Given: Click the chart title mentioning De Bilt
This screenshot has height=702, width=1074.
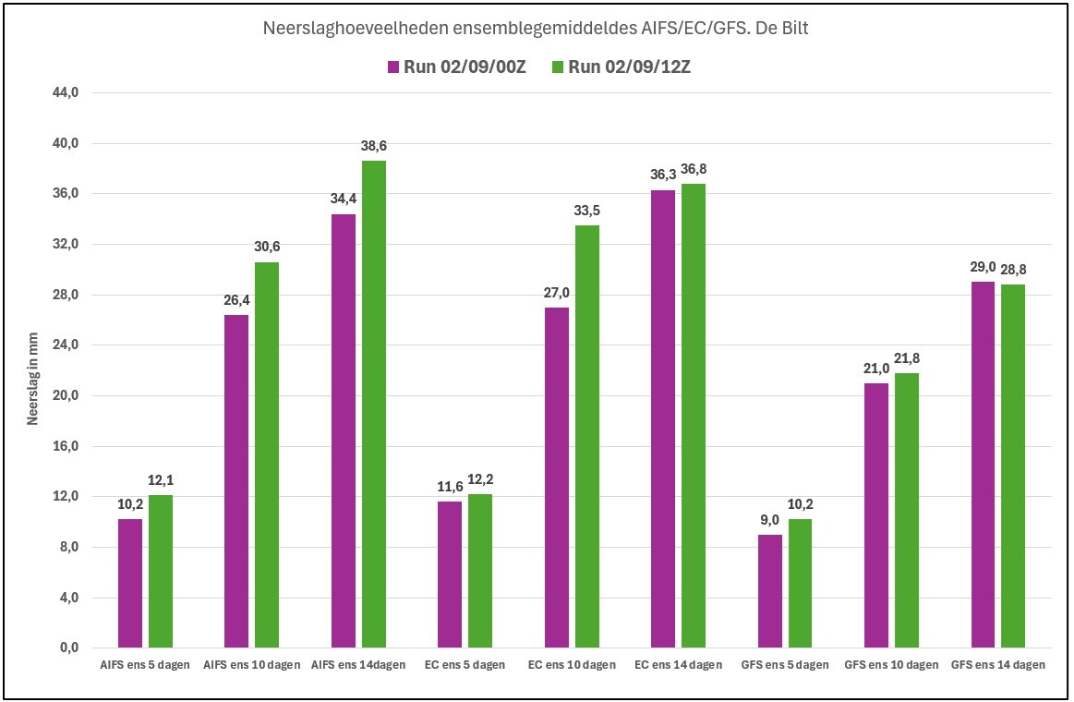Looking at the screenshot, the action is [536, 28].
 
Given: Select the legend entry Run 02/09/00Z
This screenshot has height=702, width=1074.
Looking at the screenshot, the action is [457, 67].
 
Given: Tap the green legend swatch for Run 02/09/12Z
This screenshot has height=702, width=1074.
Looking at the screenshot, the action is [558, 67].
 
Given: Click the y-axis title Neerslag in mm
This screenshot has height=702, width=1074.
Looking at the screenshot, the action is [33, 379].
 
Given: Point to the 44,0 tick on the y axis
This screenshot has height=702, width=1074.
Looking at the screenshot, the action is [66, 92].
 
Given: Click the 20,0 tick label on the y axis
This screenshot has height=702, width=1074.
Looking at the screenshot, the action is [66, 396].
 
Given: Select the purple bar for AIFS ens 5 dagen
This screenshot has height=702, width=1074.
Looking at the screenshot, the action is [130, 584].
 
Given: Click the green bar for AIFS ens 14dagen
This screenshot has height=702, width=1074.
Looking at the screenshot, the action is [374, 404].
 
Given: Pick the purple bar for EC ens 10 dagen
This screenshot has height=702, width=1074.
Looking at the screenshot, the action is [557, 478].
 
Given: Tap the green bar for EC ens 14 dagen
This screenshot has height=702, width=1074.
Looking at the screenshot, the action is [694, 416].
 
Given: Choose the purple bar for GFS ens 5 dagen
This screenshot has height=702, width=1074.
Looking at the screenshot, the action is [770, 591].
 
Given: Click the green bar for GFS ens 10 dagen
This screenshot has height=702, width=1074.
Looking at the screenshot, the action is [907, 510].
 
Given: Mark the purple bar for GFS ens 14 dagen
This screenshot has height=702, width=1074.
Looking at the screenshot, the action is [983, 465].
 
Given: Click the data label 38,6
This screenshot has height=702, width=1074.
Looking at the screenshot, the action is [374, 146].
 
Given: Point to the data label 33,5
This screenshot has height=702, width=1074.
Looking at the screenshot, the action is [587, 211].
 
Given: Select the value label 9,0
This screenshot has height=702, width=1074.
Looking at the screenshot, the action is [770, 520].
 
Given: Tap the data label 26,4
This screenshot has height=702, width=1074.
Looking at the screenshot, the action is [236, 300].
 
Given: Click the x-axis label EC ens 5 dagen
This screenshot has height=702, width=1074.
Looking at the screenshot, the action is [465, 664].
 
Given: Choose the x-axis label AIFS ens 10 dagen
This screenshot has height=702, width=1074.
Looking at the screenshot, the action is [252, 664].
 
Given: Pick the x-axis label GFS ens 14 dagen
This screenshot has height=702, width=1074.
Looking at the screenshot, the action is [998, 664].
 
